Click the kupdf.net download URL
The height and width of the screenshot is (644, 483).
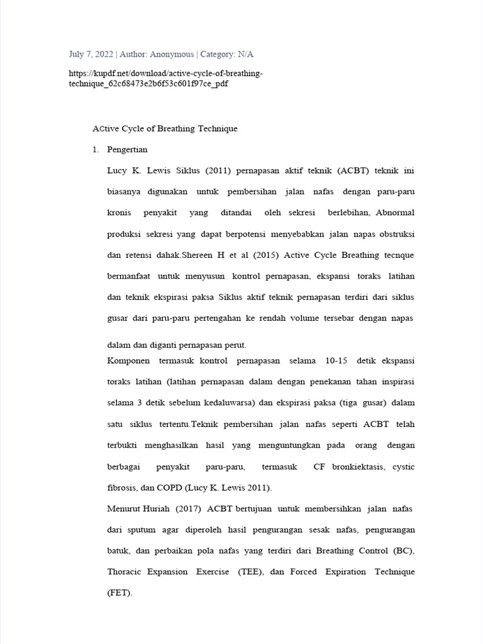(x=165, y=79)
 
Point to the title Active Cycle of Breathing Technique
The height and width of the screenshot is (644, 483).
(x=165, y=129)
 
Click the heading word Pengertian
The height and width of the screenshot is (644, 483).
(x=128, y=150)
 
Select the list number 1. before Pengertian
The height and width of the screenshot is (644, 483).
(x=96, y=150)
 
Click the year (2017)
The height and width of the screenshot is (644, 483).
(x=187, y=508)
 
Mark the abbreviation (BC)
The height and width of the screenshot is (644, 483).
(x=404, y=551)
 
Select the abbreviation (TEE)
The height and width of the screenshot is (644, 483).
(x=251, y=572)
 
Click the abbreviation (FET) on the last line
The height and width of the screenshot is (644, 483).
(x=119, y=593)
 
